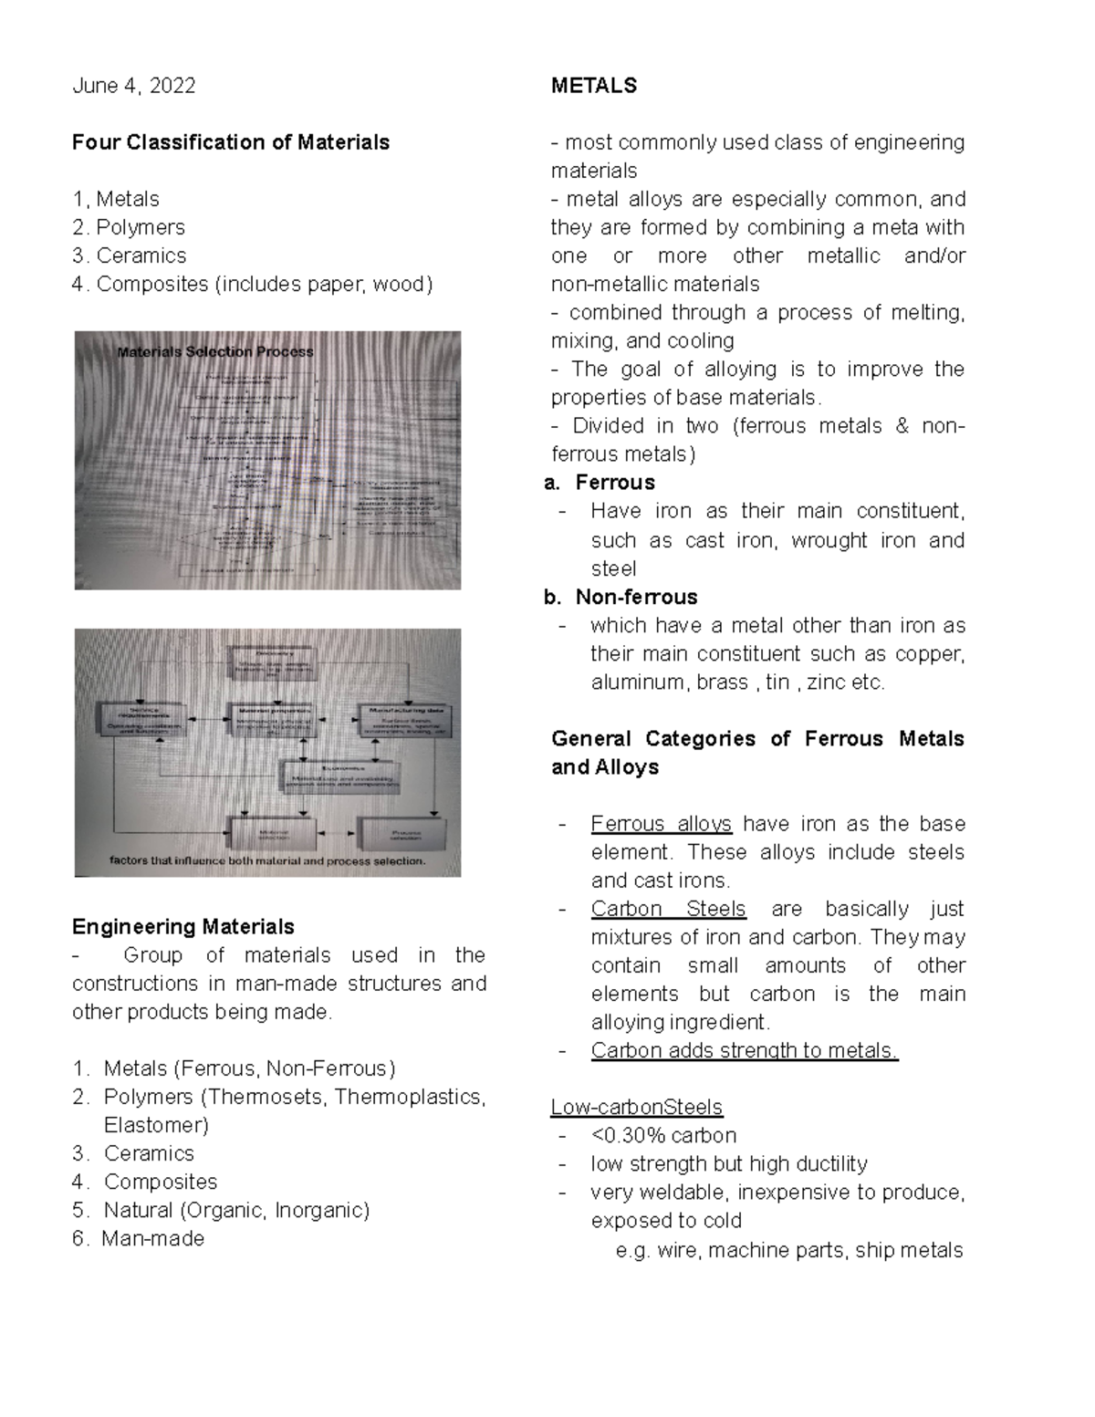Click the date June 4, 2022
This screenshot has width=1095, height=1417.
(x=133, y=86)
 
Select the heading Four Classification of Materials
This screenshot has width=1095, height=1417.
(x=231, y=142)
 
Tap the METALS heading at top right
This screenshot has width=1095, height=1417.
(x=594, y=86)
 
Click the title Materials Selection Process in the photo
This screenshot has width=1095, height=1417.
(x=215, y=351)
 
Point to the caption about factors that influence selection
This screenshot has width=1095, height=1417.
(x=267, y=860)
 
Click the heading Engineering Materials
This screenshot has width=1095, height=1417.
(x=183, y=927)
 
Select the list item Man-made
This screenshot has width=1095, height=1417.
(x=152, y=1238)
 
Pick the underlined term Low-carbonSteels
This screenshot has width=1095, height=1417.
(x=636, y=1107)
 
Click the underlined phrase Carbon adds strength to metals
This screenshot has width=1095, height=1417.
(x=745, y=1050)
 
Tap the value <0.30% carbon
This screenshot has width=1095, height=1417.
(x=663, y=1135)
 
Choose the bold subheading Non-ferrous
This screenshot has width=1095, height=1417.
(x=636, y=597)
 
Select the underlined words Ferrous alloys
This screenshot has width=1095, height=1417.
(x=661, y=824)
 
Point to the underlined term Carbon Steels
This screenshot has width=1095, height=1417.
(x=668, y=909)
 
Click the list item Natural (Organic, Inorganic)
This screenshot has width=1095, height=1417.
(x=236, y=1210)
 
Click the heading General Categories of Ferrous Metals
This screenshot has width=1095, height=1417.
(x=756, y=738)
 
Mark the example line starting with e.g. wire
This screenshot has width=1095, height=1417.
(x=788, y=1250)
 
